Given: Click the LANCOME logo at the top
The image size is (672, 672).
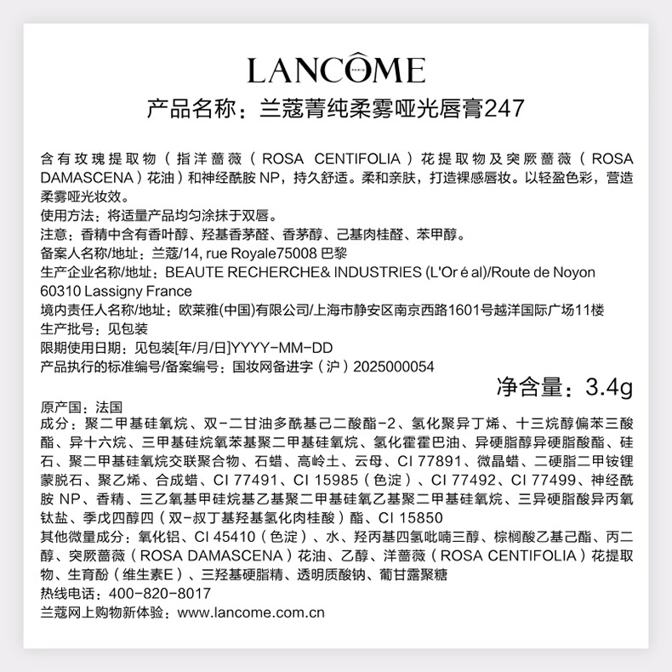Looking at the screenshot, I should pos(335,69).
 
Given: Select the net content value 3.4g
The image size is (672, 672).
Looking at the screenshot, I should pos(610,388).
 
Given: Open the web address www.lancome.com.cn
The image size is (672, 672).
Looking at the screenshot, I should pos(251,612).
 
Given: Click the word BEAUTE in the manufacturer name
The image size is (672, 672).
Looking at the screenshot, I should pos(192,272).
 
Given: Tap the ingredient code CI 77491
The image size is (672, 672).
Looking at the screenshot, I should pos(231,480).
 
